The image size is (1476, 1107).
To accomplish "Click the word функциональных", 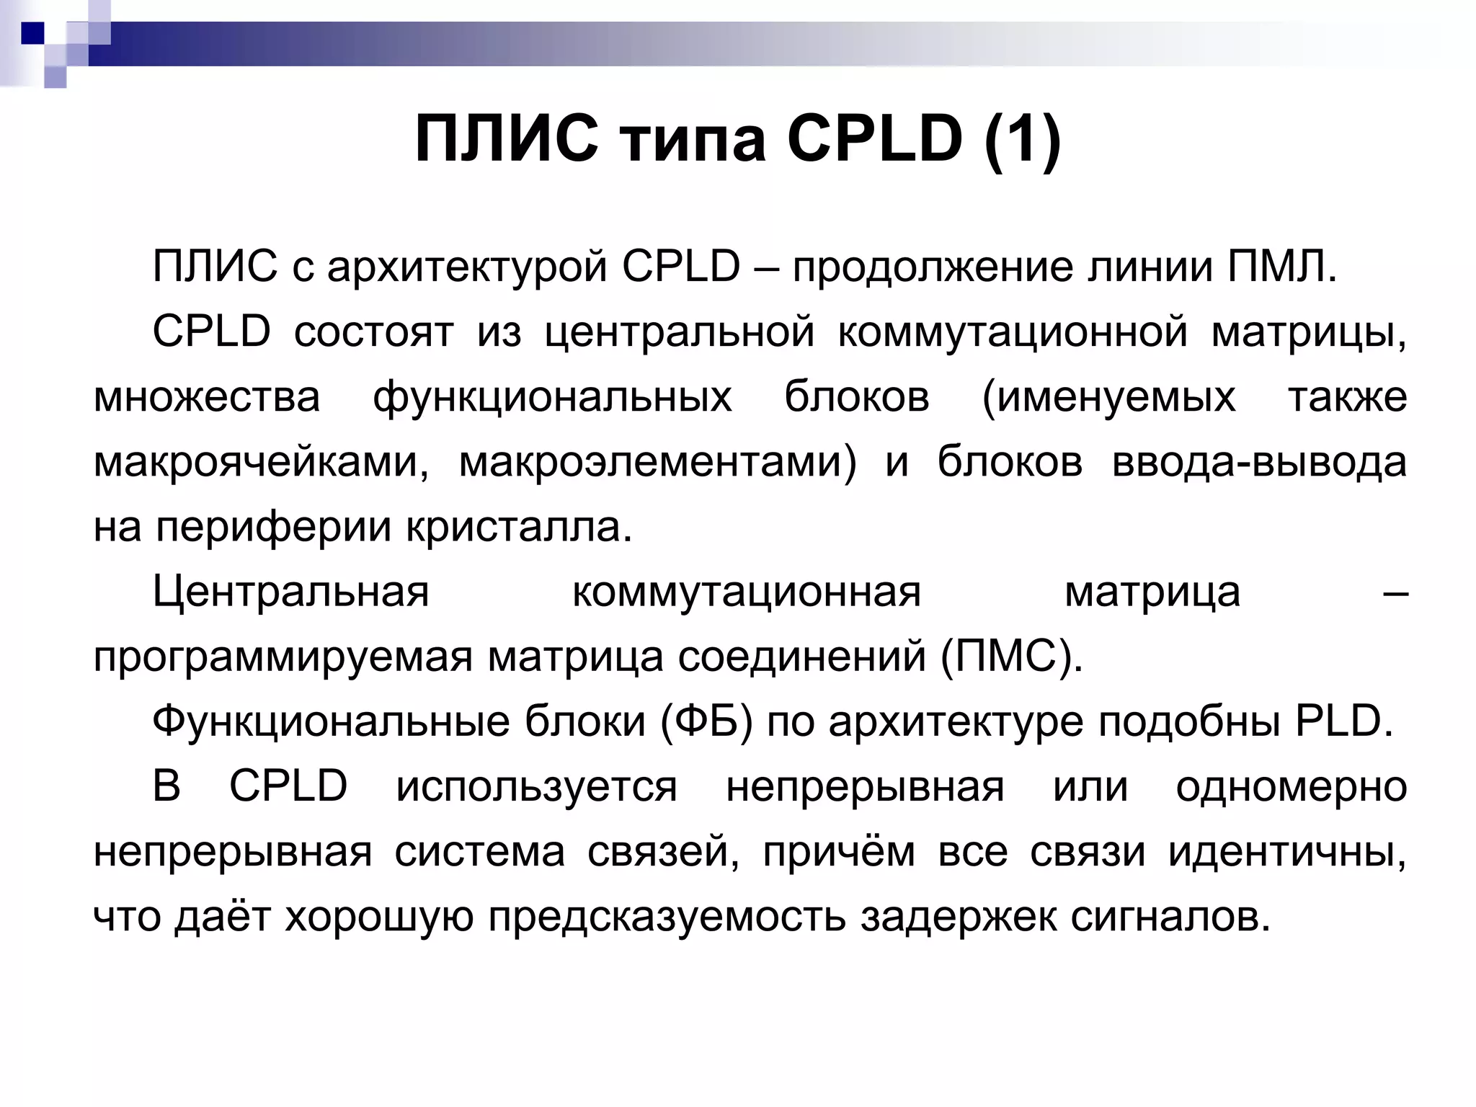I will [x=552, y=398].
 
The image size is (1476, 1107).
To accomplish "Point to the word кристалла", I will [x=519, y=528].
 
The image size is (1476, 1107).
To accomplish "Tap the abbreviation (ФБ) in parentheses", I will [x=706, y=722].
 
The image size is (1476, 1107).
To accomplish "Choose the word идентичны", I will [x=1287, y=853].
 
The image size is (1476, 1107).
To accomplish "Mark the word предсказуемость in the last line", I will [x=667, y=917].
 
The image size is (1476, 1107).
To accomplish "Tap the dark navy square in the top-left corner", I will [x=32, y=32].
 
